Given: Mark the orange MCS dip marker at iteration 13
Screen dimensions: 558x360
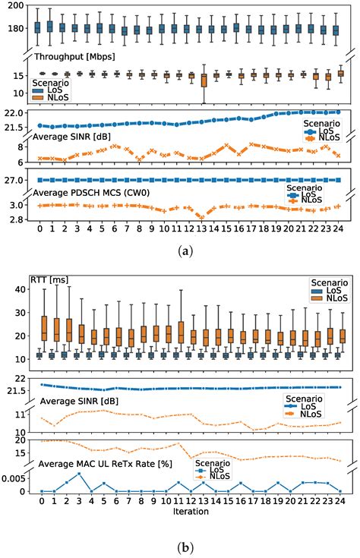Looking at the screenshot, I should (202, 216).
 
